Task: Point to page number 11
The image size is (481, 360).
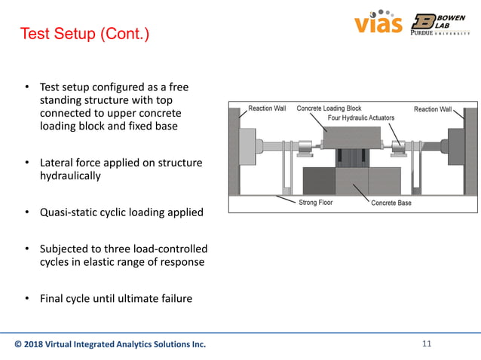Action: pos(427,344)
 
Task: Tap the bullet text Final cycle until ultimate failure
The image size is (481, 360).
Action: pos(115,298)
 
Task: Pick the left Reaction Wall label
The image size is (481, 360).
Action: pos(268,108)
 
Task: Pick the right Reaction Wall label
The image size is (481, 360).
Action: pos(432,109)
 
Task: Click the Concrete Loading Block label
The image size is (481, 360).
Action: pos(329,108)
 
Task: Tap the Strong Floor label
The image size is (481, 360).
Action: pos(313,203)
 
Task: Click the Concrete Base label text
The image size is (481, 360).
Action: pos(391,203)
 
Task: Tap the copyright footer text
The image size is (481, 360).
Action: pos(110,345)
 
